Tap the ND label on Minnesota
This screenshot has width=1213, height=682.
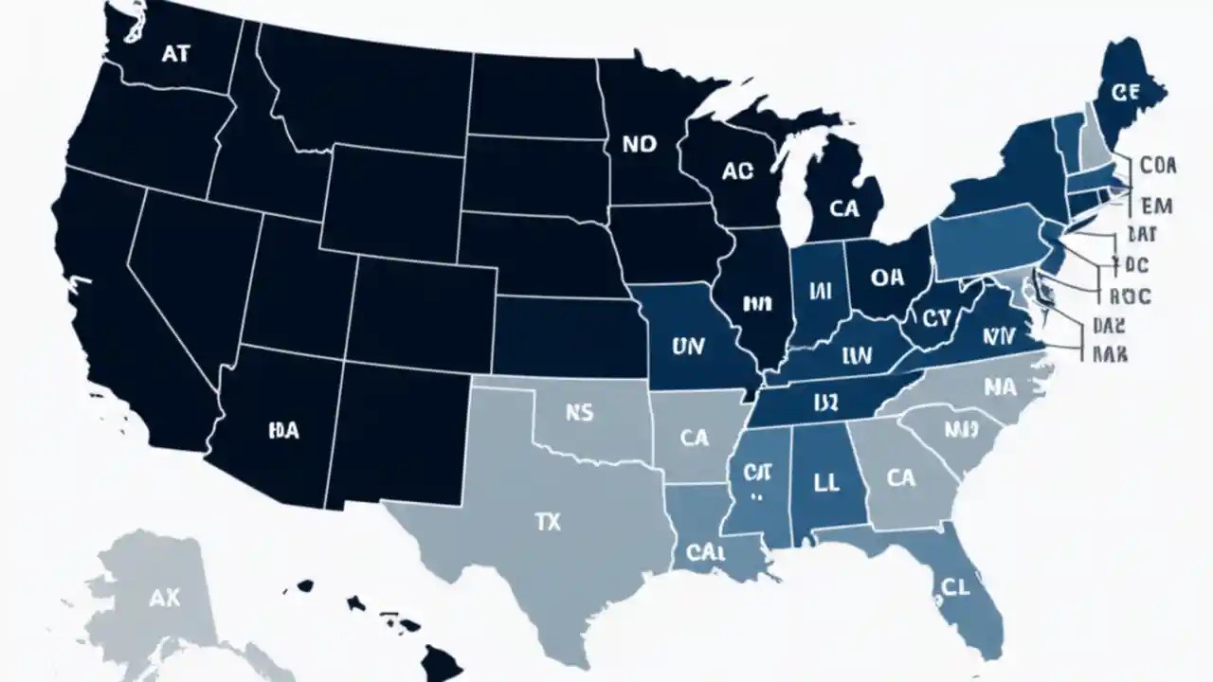(640, 144)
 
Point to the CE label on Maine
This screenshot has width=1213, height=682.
(1125, 92)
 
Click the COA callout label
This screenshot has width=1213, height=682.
(1157, 165)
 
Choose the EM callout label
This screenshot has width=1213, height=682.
(1157, 205)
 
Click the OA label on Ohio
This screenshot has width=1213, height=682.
(886, 278)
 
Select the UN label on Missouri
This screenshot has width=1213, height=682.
(687, 348)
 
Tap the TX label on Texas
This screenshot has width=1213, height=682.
(548, 523)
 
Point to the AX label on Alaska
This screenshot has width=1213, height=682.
(165, 598)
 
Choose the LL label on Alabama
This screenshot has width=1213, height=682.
(825, 482)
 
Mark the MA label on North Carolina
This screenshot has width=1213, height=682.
(1000, 387)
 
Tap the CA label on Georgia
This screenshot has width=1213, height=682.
(901, 478)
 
